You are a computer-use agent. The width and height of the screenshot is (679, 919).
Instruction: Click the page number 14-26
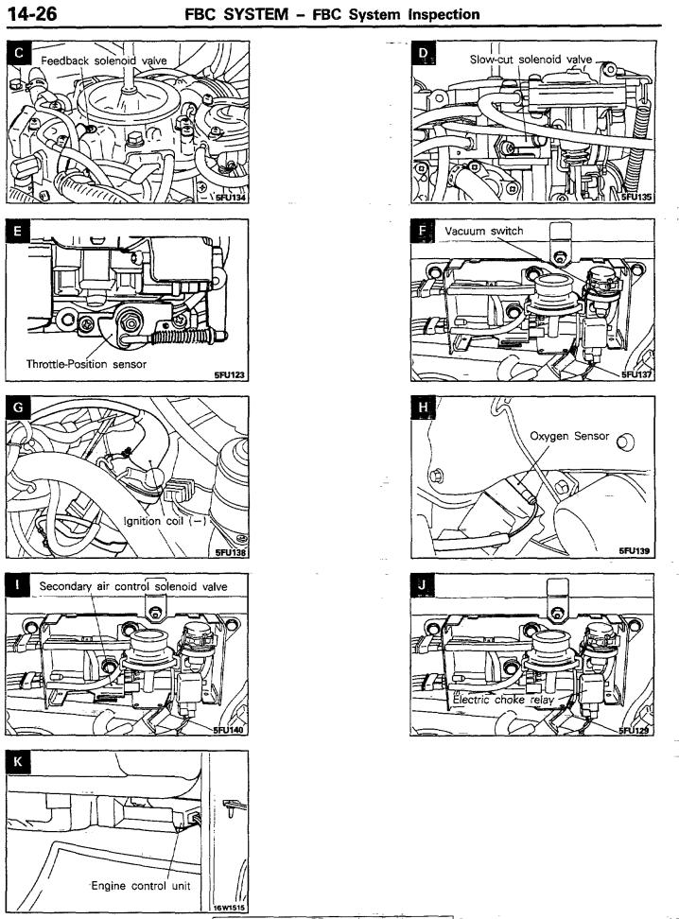(32, 13)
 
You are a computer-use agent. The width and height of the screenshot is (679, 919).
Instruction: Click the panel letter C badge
(19, 53)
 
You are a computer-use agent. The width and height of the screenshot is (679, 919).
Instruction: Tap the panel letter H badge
(424, 407)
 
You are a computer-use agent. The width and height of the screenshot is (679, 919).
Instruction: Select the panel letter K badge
(18, 762)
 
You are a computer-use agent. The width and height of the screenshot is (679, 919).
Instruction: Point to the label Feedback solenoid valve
(104, 61)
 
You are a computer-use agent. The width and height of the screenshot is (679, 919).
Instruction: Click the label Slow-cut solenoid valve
(531, 60)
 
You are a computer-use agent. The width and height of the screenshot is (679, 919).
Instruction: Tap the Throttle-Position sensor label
(86, 364)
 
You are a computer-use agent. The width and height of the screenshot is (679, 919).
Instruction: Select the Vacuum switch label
(484, 231)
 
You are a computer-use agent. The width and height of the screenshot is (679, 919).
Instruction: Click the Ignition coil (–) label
(165, 521)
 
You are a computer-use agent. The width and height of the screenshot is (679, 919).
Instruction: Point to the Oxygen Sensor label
(569, 436)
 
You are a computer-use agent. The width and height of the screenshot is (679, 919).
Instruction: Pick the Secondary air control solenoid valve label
(133, 586)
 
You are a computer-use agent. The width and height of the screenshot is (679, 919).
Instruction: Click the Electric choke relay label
(503, 700)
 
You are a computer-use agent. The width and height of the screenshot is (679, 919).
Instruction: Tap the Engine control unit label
(141, 886)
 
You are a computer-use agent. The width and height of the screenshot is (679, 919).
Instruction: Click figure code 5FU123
(229, 374)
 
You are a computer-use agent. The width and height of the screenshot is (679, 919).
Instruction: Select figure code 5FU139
(635, 551)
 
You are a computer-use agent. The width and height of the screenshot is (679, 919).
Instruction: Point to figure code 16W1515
(229, 908)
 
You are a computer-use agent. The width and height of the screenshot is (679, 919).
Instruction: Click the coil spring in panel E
(183, 337)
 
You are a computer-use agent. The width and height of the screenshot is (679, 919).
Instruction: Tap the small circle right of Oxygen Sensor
(626, 442)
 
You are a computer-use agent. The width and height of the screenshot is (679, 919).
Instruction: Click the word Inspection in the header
(444, 14)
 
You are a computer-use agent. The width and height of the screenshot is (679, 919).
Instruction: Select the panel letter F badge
(423, 231)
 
